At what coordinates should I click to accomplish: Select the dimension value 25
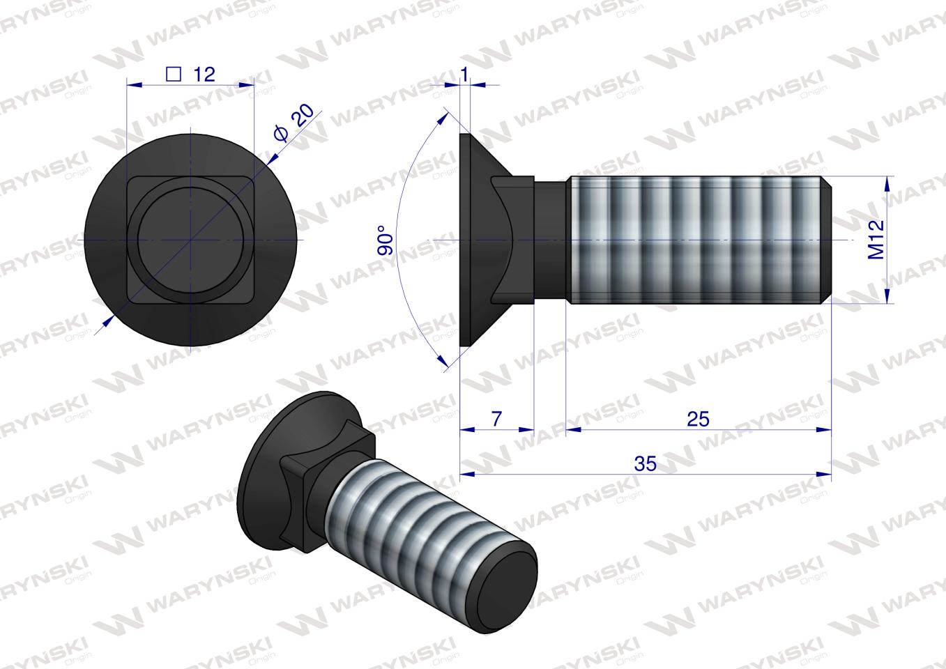pyautogui.click(x=698, y=419)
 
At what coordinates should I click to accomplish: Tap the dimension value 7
pyautogui.click(x=496, y=419)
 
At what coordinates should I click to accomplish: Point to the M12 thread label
pyautogui.click(x=876, y=240)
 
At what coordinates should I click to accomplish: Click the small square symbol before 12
pyautogui.click(x=175, y=74)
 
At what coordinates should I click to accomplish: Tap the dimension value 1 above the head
pyautogui.click(x=465, y=75)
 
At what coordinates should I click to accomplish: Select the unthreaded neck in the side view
pyautogui.click(x=551, y=240)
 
